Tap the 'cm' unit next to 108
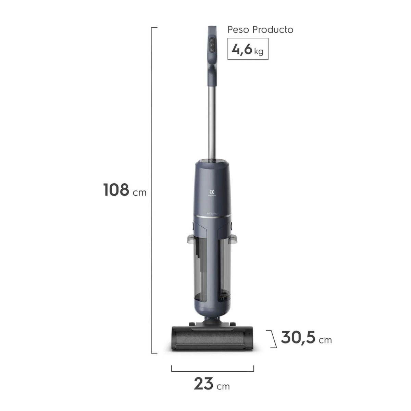pos(139,192)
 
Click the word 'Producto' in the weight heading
pos(273,30)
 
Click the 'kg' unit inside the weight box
pos(259,51)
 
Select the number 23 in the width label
pos(204,384)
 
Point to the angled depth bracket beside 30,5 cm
pos(273,339)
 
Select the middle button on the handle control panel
pos(212,45)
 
